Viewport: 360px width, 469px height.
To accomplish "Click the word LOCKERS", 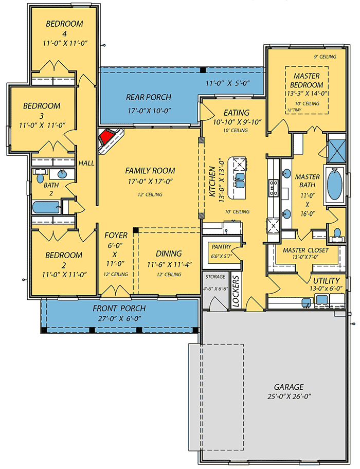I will (x=237, y=291).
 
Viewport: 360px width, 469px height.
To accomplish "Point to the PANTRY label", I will (x=221, y=247).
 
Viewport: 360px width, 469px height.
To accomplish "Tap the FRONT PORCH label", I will (x=119, y=309).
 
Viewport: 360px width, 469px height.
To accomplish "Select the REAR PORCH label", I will (x=149, y=97).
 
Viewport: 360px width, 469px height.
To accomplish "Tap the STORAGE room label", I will (x=215, y=277).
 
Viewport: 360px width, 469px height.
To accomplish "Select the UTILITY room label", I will (x=327, y=281).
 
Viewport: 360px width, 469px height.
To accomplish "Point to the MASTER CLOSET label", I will (x=305, y=250).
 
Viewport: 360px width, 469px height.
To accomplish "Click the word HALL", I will (x=86, y=163).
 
